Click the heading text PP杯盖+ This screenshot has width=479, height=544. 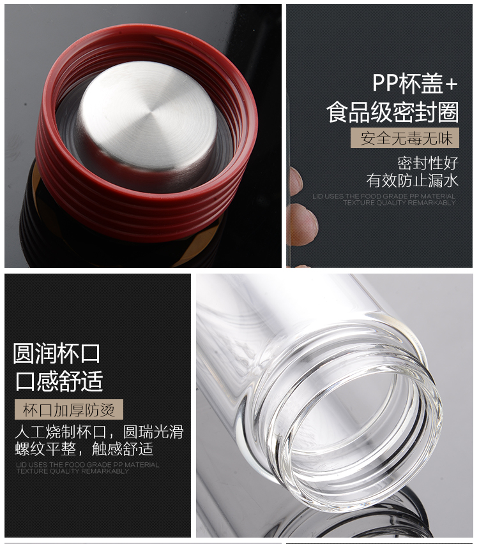414,84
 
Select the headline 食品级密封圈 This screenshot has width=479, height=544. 393,112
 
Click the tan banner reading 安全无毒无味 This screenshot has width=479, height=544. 405,138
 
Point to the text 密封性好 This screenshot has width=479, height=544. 428,163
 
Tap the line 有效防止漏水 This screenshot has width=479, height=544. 413,180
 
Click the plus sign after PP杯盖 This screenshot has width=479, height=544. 452,84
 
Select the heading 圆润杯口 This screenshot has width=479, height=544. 57,353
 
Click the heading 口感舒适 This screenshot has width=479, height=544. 59,381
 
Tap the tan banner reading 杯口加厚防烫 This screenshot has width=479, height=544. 69,409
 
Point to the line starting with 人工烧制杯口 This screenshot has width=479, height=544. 99,432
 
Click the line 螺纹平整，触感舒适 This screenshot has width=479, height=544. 84,449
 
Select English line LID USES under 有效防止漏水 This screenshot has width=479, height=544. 383,196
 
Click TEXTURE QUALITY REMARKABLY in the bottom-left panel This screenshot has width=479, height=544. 73,471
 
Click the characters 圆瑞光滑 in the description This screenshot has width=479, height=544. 153,432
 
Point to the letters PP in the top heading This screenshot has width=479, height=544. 385,84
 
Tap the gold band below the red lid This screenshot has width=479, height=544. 38,180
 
